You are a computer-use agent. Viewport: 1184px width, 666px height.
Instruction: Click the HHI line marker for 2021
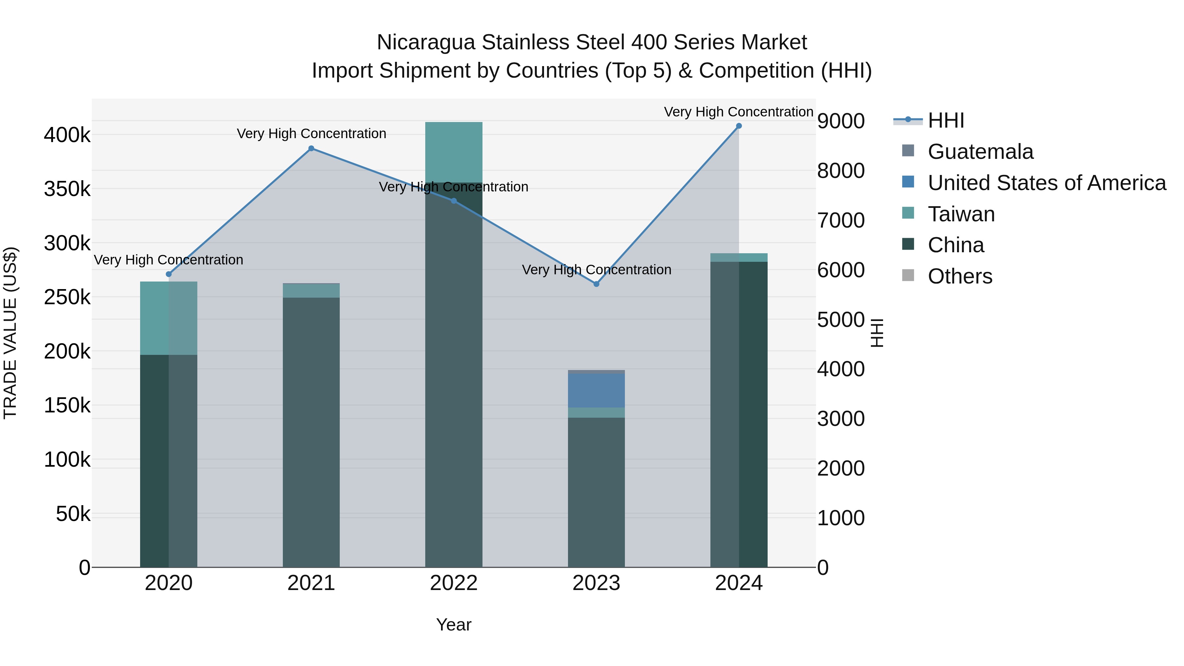coord(311,148)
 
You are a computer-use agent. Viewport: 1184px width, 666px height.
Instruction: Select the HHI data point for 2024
coord(739,126)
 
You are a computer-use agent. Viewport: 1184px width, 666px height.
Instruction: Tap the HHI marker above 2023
coord(596,284)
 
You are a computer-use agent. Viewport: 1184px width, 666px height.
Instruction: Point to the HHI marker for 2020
coord(169,274)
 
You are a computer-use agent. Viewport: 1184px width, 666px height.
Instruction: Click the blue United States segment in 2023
coord(596,391)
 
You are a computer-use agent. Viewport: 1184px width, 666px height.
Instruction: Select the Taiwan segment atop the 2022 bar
coord(454,152)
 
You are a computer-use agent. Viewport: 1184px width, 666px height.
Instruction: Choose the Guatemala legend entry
coord(980,152)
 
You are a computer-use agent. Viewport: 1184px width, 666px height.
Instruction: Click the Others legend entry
coord(960,277)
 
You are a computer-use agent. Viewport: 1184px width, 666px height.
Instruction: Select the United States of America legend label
coord(1047,183)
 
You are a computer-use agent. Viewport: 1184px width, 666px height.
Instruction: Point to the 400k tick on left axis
coord(67,136)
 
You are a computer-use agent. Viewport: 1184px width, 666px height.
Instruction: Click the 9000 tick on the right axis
coord(841,121)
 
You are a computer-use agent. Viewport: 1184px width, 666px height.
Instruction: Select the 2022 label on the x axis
coord(454,583)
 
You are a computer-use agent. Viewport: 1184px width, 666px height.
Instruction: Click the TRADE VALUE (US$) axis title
coord(10,333)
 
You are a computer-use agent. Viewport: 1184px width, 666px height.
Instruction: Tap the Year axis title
coord(454,625)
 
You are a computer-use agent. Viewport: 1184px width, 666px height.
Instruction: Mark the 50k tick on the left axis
coord(73,514)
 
